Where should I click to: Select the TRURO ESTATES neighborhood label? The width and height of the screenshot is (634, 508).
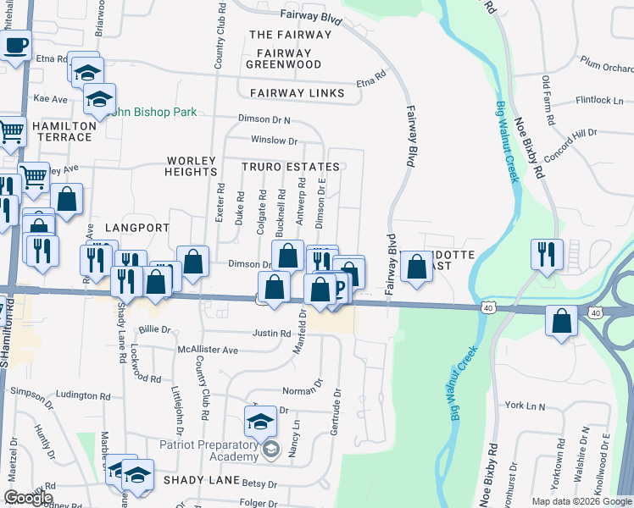(285, 167)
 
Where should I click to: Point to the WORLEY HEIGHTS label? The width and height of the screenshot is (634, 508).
(192, 165)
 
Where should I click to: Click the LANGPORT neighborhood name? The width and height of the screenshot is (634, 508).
(137, 228)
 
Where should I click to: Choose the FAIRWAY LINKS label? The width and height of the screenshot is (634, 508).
(297, 92)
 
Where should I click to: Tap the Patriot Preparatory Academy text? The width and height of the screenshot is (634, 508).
(209, 450)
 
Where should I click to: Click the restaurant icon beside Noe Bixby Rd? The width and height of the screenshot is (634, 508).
(546, 253)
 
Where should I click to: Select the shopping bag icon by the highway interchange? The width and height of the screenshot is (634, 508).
(561, 321)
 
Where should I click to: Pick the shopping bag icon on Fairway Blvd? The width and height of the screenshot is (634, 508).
(416, 267)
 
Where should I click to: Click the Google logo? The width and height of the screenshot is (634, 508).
(28, 498)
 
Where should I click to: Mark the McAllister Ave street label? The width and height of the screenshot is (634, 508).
(207, 349)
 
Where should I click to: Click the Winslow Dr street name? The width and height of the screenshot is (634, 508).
(274, 141)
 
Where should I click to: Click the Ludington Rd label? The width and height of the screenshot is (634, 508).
(84, 395)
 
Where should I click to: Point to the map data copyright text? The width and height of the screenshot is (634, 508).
(581, 500)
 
